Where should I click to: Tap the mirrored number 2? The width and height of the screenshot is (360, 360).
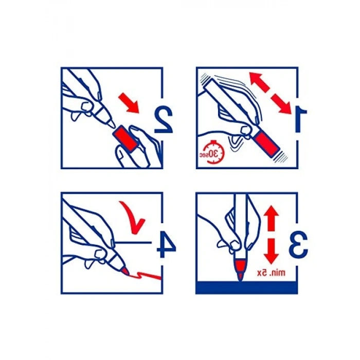[x=164, y=120]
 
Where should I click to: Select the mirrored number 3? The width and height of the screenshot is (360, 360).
[x=298, y=244]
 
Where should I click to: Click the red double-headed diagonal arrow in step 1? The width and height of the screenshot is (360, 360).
[x=271, y=93]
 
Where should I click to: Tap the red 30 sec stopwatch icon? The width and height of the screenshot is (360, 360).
[x=212, y=152]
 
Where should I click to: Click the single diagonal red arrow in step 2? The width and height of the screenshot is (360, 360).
[x=129, y=103]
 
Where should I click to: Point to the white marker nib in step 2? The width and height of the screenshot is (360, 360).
[x=111, y=124]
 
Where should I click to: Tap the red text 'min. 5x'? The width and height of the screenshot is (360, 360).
[x=271, y=273]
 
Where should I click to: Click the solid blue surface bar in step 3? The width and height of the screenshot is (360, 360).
[x=247, y=287]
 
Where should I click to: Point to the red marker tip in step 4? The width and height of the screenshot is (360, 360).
[x=125, y=272]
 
